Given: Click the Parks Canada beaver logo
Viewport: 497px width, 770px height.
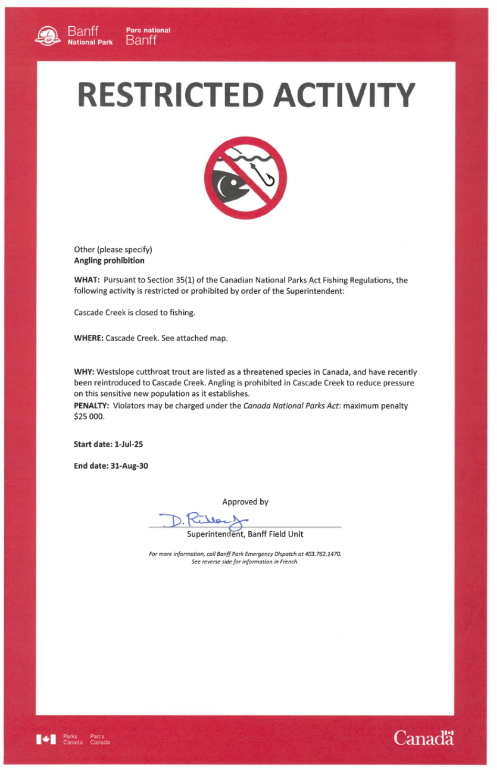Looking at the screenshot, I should (x=48, y=36).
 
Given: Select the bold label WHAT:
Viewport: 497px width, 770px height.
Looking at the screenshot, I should (x=87, y=280).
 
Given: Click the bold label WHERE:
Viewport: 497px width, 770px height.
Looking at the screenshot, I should (x=88, y=338).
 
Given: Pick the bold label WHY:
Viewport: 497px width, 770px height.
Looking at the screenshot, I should (x=84, y=372).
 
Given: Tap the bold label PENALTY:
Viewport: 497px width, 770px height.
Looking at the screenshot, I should (x=91, y=406).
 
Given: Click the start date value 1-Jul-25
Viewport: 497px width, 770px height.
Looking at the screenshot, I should (x=129, y=444).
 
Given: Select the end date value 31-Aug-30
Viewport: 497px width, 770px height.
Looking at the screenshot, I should (x=129, y=466).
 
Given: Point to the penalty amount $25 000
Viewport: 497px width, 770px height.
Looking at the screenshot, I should (x=89, y=417).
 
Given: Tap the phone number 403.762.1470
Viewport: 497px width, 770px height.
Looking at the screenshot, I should (x=323, y=554).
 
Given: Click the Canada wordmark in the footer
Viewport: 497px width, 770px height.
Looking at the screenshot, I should (x=424, y=738).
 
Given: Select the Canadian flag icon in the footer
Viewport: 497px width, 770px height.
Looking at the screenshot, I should (x=46, y=739).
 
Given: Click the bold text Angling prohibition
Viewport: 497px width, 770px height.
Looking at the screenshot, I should (x=109, y=260).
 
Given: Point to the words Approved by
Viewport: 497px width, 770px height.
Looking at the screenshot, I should (x=245, y=502).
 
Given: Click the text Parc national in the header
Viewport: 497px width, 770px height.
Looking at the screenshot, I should (x=148, y=30).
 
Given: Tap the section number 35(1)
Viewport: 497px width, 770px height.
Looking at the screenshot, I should (x=185, y=280).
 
